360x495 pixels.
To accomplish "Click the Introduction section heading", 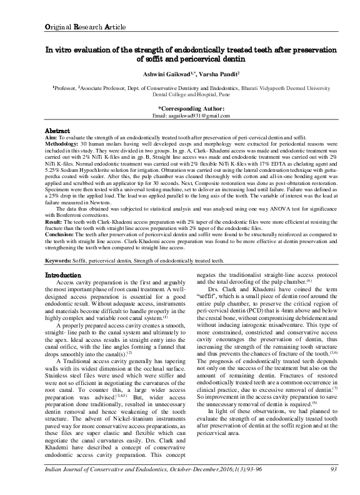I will [63, 275].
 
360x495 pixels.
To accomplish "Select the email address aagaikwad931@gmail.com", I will [190, 116].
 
